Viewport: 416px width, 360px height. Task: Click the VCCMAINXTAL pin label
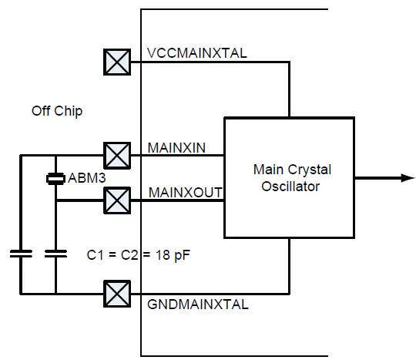(x=196, y=54)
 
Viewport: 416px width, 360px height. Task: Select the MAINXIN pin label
(x=175, y=147)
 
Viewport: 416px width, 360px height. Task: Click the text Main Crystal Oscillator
(x=289, y=177)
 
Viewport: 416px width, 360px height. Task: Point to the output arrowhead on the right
(x=408, y=177)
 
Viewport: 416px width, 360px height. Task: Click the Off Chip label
(x=57, y=111)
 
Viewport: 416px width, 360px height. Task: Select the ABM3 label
(x=86, y=178)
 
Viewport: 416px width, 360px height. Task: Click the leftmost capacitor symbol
(x=20, y=252)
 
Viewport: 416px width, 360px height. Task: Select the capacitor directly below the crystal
(x=56, y=252)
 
